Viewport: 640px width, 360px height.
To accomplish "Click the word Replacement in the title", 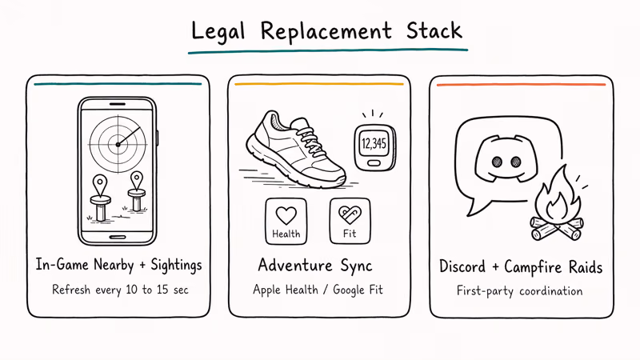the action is pos(326,32).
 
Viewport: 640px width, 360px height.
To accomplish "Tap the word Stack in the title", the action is pos(434,30).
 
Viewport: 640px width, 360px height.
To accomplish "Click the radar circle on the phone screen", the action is pos(118,144).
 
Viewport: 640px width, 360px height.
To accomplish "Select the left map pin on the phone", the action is pos(99,185).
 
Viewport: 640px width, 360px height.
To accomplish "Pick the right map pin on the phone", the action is pos(136,181).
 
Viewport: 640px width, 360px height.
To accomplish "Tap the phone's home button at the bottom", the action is pos(118,237).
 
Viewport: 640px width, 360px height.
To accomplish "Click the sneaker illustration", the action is pos(296,149).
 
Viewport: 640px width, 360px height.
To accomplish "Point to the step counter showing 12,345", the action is pos(374,147).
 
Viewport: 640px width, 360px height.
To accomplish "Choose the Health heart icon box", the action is pos(286,222).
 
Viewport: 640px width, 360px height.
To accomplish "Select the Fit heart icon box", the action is pos(350,221).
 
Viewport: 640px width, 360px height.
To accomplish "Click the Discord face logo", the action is pos(506,158).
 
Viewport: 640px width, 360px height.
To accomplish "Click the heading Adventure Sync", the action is pos(315,266).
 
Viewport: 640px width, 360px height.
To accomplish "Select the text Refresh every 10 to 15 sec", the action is pos(120,290).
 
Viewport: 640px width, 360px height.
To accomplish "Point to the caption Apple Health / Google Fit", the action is pos(318,290).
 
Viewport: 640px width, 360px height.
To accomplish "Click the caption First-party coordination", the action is pos(519,290).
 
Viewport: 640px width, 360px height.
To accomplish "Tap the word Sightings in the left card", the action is pos(176,266).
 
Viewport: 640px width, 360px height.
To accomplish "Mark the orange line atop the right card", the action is pos(522,85).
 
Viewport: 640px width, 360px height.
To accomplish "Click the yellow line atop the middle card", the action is pos(319,84).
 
